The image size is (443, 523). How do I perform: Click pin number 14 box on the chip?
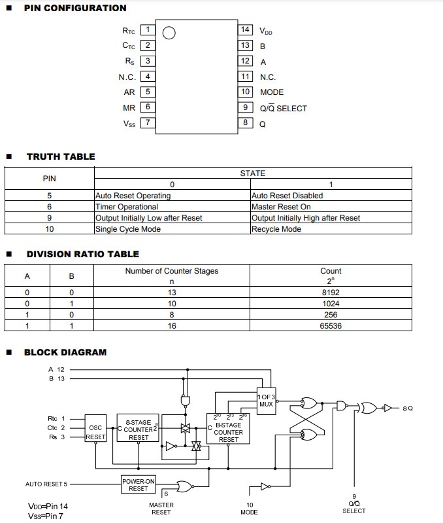(246, 29)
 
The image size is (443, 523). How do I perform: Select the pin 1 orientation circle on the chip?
(168, 33)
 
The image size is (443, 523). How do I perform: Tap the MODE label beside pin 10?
(272, 92)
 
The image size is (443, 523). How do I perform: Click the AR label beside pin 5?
(129, 92)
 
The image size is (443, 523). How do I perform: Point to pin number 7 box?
(148, 122)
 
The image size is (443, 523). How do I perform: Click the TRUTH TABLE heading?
(61, 156)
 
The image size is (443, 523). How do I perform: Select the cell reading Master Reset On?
(281, 207)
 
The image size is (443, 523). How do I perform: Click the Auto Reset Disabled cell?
(287, 196)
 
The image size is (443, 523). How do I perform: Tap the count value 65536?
(331, 325)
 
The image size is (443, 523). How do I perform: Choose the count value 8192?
(331, 293)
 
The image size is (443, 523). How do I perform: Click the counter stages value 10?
(172, 304)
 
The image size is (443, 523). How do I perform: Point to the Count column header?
(331, 271)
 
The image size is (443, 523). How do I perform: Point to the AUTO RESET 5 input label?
(46, 484)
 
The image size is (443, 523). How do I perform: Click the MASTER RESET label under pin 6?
(161, 508)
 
